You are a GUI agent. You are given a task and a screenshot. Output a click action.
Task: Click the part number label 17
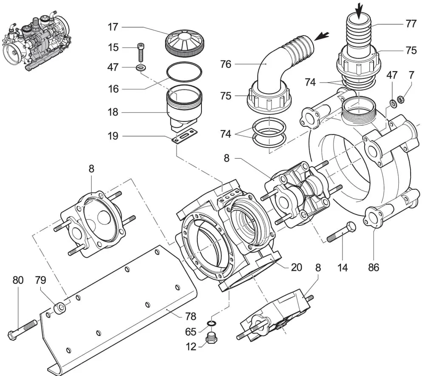pos(113,27)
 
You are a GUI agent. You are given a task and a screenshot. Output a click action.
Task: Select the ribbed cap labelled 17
pos(184,43)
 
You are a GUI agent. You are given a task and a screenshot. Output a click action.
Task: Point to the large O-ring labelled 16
pos(184,71)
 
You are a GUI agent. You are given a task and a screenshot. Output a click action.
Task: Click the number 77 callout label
pos(411,24)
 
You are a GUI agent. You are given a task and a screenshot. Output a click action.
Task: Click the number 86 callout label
pos(374,268)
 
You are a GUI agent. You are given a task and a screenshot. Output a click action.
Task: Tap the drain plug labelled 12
pos(212,338)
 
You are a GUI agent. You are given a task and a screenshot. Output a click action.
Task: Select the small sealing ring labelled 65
pos(211,323)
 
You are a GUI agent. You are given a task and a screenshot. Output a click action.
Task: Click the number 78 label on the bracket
pos(190,316)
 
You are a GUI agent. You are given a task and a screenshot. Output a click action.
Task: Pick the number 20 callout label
pos(297,267)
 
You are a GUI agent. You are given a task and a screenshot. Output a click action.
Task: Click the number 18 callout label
pos(113,112)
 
